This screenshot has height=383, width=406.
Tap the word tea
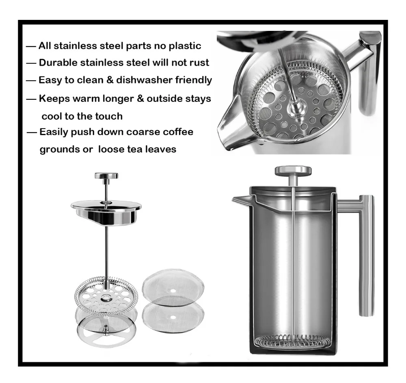point(136,149)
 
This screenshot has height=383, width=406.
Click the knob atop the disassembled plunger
point(106,176)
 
